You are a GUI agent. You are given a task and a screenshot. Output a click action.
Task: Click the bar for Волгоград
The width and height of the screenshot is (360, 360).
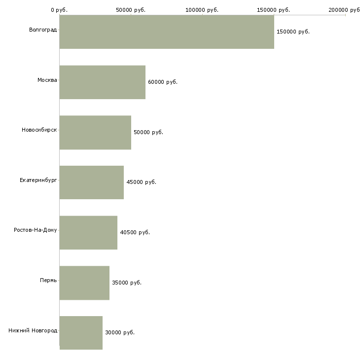(x=167, y=32)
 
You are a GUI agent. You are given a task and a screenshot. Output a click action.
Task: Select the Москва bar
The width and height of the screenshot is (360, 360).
(x=103, y=82)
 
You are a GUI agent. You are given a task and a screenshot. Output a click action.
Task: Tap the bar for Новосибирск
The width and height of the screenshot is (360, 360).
(x=95, y=133)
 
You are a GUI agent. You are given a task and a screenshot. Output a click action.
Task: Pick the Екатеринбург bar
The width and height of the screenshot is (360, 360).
(x=92, y=182)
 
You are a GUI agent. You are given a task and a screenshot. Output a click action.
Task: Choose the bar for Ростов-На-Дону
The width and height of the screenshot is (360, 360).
(x=88, y=233)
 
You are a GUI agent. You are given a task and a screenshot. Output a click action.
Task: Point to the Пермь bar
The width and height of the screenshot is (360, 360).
(x=84, y=283)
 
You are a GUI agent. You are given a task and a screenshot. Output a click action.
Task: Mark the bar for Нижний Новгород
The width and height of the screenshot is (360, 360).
(x=81, y=333)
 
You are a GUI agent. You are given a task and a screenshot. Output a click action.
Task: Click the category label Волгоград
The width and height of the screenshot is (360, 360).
(x=43, y=30)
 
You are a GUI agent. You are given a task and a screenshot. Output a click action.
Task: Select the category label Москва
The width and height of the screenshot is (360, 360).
(x=47, y=80)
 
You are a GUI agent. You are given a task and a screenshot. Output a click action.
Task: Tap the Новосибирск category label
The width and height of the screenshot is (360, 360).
(x=39, y=130)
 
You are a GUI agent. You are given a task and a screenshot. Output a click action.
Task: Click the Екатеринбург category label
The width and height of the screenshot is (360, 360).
(x=38, y=180)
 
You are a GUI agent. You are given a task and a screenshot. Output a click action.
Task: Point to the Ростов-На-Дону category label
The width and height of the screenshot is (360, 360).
(x=36, y=230)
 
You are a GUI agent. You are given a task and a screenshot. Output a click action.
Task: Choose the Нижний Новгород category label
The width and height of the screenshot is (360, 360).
(x=33, y=330)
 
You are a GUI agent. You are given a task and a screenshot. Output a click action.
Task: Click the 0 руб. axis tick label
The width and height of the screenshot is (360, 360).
(x=59, y=10)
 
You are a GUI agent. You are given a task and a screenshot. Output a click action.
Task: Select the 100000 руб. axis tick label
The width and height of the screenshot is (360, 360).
(x=202, y=10)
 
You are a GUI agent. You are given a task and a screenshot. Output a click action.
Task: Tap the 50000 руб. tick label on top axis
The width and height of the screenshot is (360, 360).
(x=131, y=10)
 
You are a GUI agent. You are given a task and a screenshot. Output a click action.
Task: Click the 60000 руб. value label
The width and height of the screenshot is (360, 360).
(x=163, y=82)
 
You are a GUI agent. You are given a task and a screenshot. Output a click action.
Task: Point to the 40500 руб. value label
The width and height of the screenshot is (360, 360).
(x=135, y=232)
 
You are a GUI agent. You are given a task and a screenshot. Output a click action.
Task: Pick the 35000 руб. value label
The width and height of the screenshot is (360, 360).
(x=127, y=283)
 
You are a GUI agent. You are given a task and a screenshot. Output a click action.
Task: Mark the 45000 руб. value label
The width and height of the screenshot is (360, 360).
(x=142, y=182)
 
